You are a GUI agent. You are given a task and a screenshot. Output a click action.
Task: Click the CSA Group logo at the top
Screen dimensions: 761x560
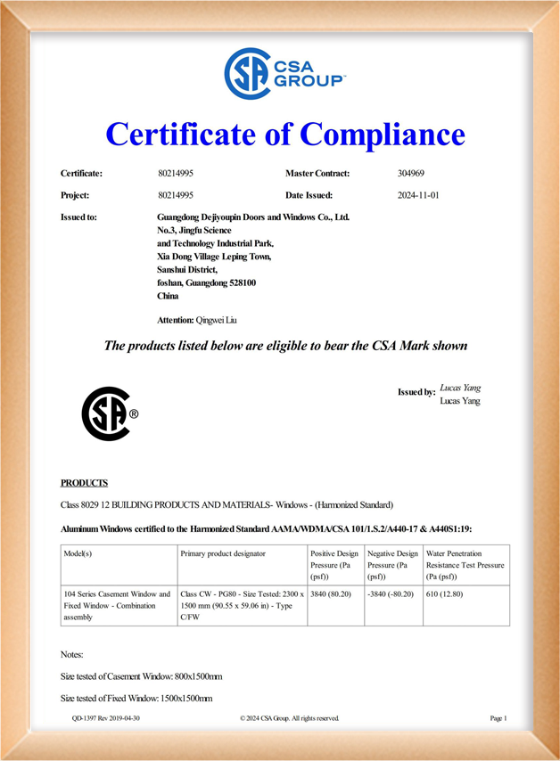pos(283,74)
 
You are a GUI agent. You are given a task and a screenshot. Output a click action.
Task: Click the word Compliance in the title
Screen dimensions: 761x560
pos(383,135)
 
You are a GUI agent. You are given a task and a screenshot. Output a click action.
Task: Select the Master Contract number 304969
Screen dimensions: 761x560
pos(410,173)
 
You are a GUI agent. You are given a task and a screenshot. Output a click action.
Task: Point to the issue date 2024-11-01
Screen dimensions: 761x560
pos(417,195)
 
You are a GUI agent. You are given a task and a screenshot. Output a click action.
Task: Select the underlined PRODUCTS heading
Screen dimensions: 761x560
pos(84,483)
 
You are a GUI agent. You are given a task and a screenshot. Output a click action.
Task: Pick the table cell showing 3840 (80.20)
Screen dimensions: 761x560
pos(334,593)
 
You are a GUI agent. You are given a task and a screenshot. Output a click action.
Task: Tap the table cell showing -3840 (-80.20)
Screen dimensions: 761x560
pos(391,593)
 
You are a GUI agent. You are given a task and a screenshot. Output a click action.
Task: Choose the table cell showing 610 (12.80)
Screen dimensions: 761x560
pos(445,593)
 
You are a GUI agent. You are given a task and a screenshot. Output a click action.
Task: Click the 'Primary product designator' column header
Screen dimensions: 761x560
pos(223,553)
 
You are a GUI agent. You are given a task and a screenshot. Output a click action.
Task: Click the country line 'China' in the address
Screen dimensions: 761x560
pos(168,296)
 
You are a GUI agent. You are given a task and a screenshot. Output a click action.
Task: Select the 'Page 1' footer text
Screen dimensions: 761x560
pos(498,717)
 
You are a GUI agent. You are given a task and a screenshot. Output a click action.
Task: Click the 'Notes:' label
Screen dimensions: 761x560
pos(71,654)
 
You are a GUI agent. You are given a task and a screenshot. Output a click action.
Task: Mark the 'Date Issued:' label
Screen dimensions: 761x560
pos(309,195)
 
